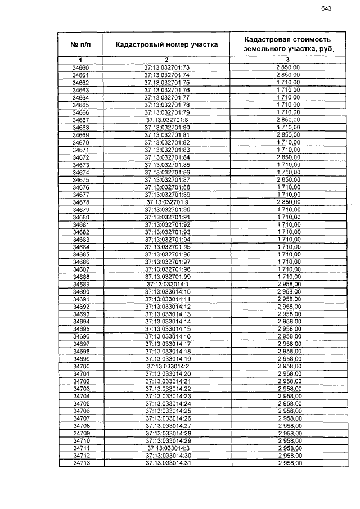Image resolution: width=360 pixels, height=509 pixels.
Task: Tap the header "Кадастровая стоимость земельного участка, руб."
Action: tap(287, 44)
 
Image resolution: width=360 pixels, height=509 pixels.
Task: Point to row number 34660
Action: tap(80, 67)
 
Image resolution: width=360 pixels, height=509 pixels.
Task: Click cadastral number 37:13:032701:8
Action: tap(167, 119)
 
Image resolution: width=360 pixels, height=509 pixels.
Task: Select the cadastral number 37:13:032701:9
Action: tap(167, 201)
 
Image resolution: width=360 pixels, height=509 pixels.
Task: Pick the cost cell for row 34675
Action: tap(287, 179)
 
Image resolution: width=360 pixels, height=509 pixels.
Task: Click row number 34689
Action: tap(80, 284)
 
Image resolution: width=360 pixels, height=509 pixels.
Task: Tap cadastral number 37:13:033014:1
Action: tap(167, 284)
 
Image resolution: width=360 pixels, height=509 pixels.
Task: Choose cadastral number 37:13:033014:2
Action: tap(167, 366)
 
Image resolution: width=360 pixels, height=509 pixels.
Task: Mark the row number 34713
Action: tap(80, 463)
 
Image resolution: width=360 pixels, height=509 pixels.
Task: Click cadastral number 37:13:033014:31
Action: tap(167, 463)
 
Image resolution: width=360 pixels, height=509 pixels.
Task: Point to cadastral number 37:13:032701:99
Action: tap(167, 277)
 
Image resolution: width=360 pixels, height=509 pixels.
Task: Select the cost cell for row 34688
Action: tap(287, 277)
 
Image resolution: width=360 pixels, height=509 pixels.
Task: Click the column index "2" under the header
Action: tap(167, 60)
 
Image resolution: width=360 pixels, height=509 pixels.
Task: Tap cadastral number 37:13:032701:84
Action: tap(167, 157)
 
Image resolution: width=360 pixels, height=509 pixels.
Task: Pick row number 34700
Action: tap(80, 366)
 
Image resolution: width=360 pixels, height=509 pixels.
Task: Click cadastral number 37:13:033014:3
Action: tap(167, 448)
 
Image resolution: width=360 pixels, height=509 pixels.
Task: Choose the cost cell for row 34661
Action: tap(287, 75)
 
